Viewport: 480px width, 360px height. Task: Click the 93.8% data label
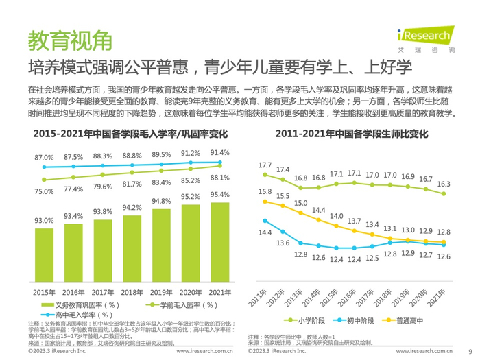pyautogui.click(x=103, y=212)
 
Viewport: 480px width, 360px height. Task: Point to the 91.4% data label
pyautogui.click(x=220, y=152)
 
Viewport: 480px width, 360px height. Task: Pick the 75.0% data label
pyautogui.click(x=44, y=191)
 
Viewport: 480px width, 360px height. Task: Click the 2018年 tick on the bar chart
pyautogui.click(x=132, y=291)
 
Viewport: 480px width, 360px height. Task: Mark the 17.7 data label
pyautogui.click(x=265, y=165)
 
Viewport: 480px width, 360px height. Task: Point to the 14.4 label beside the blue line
pyautogui.click(x=265, y=233)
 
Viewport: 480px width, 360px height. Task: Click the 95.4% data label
pyautogui.click(x=220, y=195)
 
